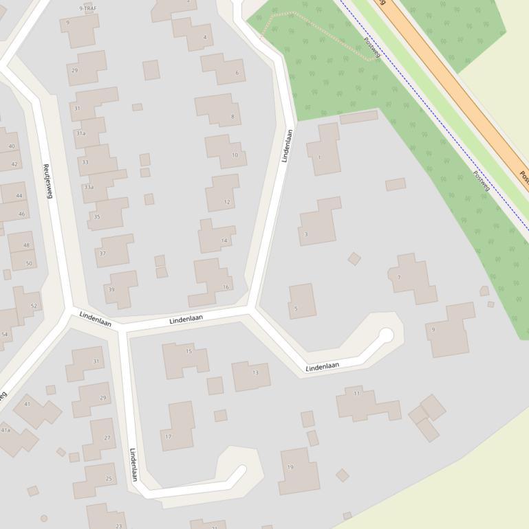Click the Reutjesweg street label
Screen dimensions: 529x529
[48, 181]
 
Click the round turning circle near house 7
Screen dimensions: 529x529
[386, 335]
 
